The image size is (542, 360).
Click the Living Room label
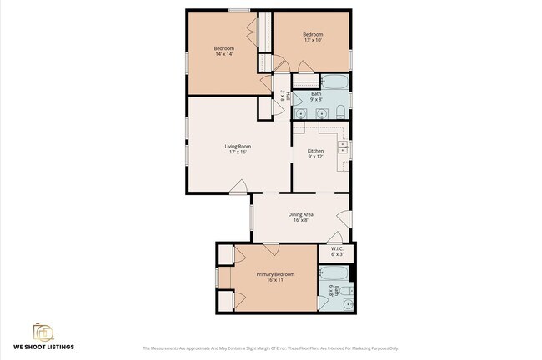(238, 146)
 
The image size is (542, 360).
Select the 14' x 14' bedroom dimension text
(223, 54)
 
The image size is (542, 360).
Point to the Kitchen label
(315, 151)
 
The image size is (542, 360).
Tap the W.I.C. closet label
(337, 248)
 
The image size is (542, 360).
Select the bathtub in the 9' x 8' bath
(334, 82)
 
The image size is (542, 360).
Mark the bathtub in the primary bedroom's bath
(334, 272)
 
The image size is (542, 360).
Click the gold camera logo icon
(43, 332)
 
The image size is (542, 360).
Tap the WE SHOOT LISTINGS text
(43, 347)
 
